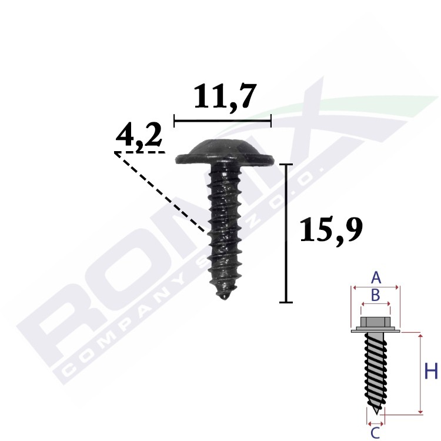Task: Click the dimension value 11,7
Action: click(x=225, y=98)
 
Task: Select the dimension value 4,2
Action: click(x=138, y=138)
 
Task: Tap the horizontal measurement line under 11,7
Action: click(x=223, y=121)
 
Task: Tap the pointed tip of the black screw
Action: click(x=223, y=297)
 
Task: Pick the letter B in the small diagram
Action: click(x=376, y=294)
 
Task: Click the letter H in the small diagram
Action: click(x=431, y=372)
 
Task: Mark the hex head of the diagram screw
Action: click(x=375, y=322)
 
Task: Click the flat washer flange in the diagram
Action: click(x=375, y=332)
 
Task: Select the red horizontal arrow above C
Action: click(x=375, y=422)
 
